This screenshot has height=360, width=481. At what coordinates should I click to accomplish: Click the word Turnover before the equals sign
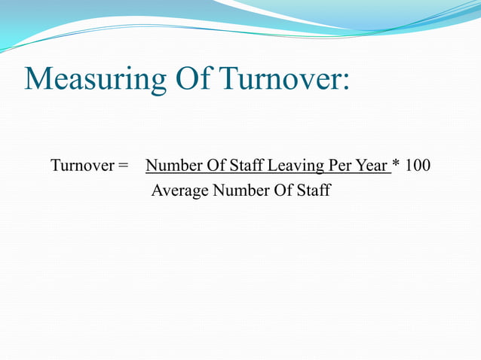[81, 165]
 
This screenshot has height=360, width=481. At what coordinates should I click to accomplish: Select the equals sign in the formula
[123, 166]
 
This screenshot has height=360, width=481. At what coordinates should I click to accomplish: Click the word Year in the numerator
[370, 165]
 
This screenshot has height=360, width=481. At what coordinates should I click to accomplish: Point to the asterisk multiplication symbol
[397, 164]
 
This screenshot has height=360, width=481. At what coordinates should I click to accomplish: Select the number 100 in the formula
[418, 165]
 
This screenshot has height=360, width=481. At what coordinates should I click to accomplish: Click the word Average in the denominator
[180, 191]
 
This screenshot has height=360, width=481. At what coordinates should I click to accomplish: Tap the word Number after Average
[237, 190]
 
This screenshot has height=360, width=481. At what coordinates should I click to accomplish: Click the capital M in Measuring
[38, 79]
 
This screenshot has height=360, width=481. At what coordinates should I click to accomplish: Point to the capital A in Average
[157, 190]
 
